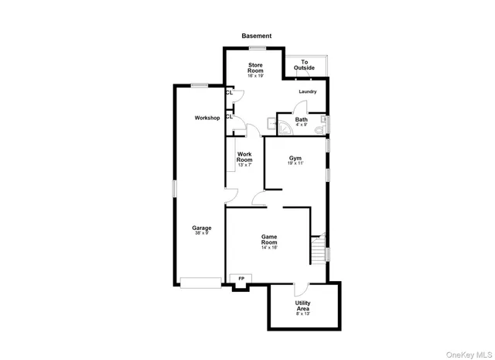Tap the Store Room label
[256, 68]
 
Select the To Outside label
[304, 65]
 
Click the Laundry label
[308, 91]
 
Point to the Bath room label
[301, 120]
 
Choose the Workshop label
[207, 118]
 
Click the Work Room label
[244, 157]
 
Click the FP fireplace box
[241, 279]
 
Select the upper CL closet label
[229, 92]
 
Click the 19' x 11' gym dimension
[295, 163]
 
